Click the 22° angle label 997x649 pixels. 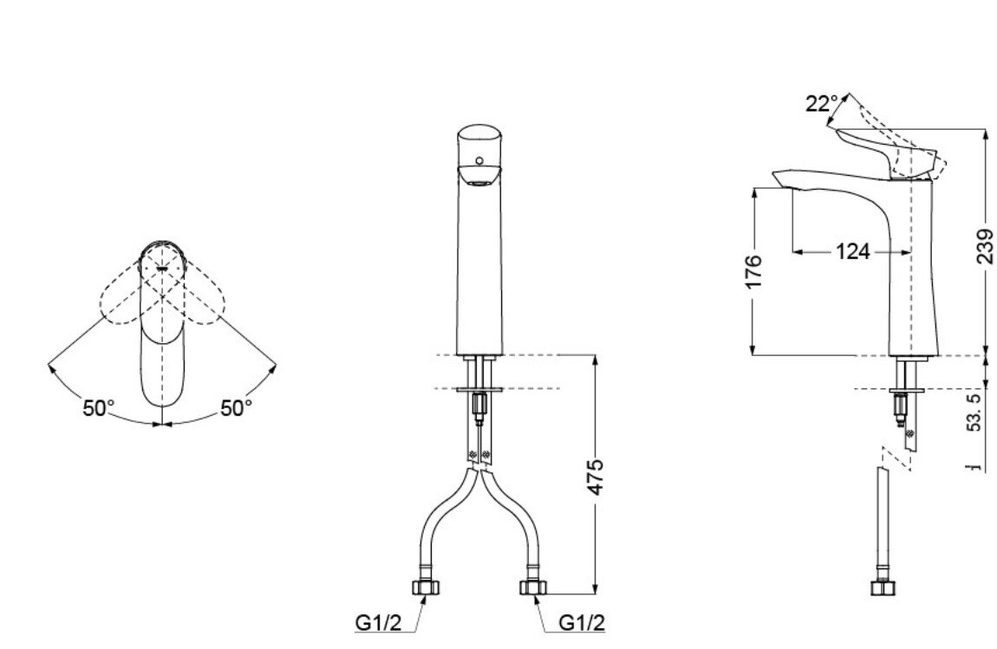click(x=821, y=104)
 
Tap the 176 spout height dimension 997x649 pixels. click(x=753, y=271)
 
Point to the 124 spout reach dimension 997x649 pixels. click(x=852, y=252)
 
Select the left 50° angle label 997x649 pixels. click(x=99, y=408)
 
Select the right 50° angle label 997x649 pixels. click(x=235, y=408)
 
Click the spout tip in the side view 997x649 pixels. click(x=778, y=178)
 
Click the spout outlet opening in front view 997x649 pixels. click(x=478, y=179)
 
